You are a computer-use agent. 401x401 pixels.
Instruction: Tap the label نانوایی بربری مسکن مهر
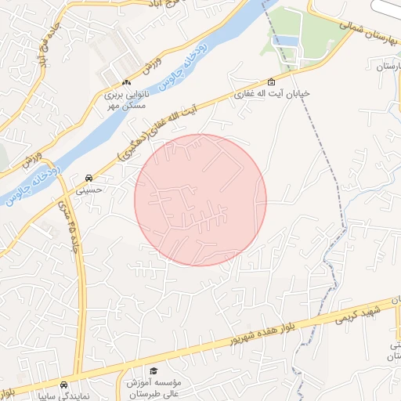125,98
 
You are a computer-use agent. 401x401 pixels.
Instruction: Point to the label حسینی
89,189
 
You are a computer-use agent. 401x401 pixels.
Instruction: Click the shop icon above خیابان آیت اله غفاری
272,81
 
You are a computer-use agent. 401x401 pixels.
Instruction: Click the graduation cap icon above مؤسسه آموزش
154,370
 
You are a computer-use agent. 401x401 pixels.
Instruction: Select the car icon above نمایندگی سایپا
63,385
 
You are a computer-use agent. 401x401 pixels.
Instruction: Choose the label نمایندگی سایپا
63,396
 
